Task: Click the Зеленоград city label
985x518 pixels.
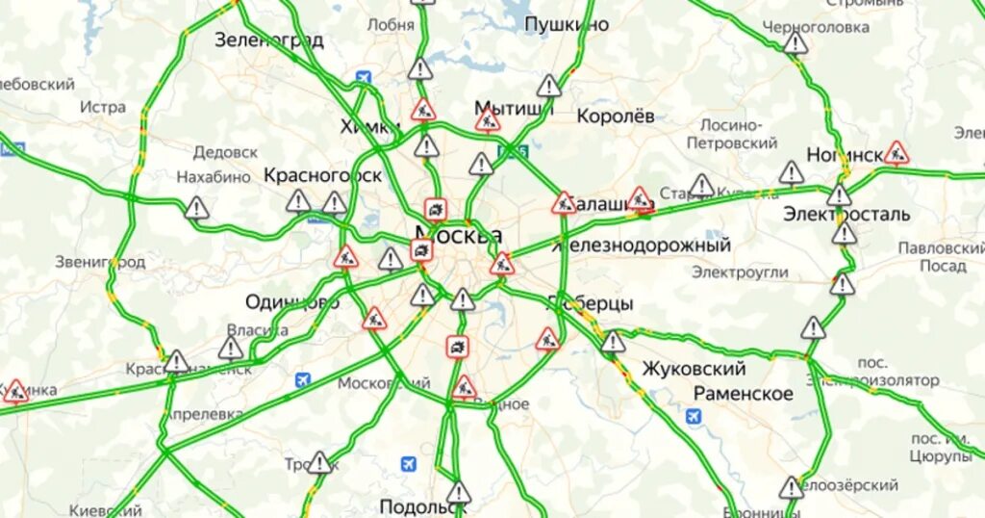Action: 268,40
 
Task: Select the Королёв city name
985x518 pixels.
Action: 616,116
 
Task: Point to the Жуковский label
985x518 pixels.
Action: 694,369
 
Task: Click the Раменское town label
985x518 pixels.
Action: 744,393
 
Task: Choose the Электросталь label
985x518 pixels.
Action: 846,214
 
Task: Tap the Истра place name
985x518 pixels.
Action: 103,107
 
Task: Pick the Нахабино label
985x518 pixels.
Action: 214,177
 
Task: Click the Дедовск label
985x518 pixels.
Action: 225,152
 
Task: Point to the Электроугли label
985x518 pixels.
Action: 740,272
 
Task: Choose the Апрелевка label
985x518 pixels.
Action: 204,414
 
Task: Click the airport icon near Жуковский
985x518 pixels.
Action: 694,416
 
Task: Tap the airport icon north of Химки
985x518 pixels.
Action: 363,77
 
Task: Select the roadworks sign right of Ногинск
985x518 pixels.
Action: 897,152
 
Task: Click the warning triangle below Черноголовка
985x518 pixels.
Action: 796,44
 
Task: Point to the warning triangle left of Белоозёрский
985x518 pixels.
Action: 791,488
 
